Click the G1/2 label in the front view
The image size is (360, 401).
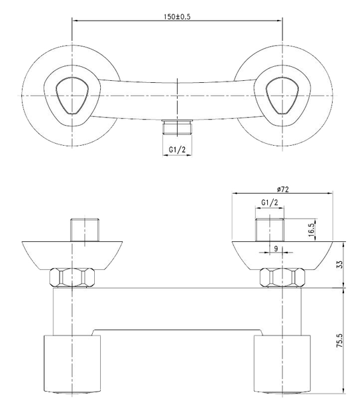tap(271, 203)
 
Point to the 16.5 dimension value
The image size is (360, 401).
tap(311, 229)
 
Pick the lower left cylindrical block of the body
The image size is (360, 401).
tap(69, 364)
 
